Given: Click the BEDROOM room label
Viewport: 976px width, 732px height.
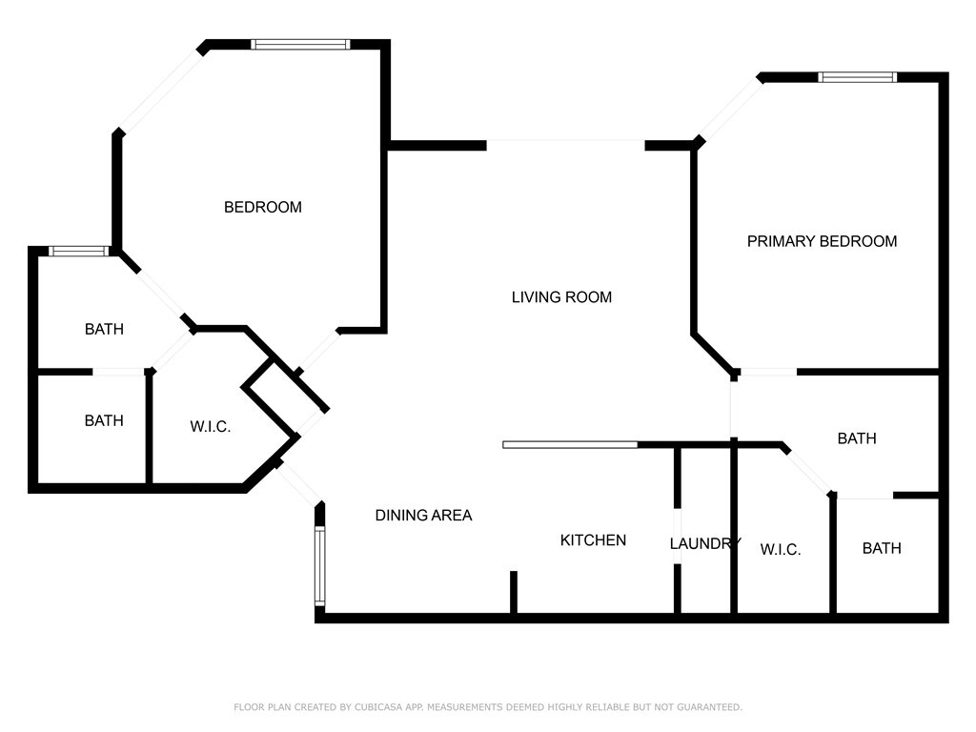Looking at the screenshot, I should pos(262,207).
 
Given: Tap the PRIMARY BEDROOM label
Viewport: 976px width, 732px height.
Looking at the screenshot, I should pos(822,241).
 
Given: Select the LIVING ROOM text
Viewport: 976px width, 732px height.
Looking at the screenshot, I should pos(561,297).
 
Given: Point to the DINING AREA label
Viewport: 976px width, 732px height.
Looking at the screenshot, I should pos(423,516).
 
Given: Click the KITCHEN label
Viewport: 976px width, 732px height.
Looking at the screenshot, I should pos(593,540).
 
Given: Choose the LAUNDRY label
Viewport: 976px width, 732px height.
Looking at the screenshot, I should pos(704,544).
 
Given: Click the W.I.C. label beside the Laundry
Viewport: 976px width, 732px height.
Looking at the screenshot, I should pos(780,550).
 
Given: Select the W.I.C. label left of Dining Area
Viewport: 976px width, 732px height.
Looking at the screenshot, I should pos(210,427).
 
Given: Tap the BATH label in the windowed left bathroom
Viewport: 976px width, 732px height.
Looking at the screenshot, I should pos(104,330).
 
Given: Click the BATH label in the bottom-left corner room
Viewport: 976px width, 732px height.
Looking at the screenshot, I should pos(104,420).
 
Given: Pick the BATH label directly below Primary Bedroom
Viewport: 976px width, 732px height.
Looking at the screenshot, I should pos(856,438).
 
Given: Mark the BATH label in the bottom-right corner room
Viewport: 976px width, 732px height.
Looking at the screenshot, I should pos(882,548).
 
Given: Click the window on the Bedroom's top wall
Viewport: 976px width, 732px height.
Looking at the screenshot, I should pos(300,44).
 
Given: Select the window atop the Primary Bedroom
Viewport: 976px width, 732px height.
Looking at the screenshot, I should pos(858,77).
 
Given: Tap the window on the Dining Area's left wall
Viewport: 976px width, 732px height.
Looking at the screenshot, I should pos(320,567).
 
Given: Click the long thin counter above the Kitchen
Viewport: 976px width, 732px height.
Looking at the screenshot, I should pos(570,444).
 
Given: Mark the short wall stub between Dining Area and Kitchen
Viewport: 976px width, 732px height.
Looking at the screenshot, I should pos(513,593).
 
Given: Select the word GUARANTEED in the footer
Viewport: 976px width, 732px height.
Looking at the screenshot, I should pos(707,707).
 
